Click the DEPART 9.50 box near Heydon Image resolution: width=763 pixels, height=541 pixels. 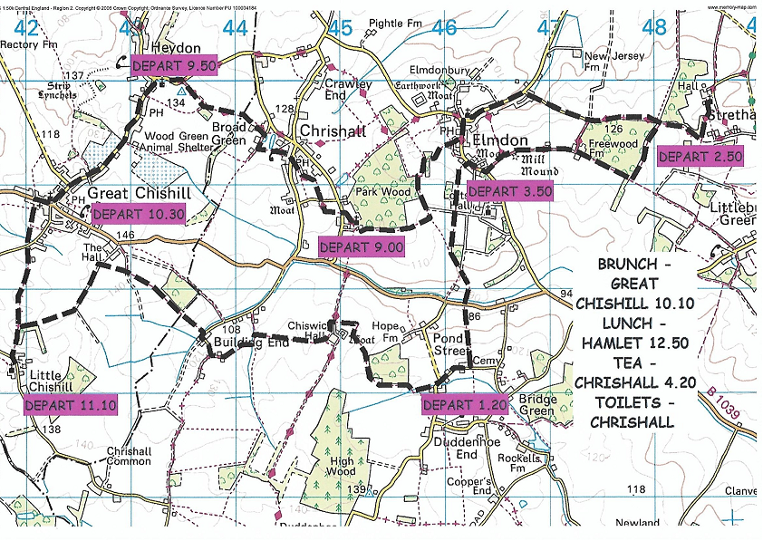[176, 66]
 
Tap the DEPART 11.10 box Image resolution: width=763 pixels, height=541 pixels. [71, 405]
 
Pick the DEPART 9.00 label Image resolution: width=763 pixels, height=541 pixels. [361, 246]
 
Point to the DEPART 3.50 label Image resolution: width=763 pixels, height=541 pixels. [509, 191]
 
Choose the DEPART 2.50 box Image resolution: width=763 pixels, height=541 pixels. [700, 156]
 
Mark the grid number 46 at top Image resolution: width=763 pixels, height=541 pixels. [445, 28]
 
